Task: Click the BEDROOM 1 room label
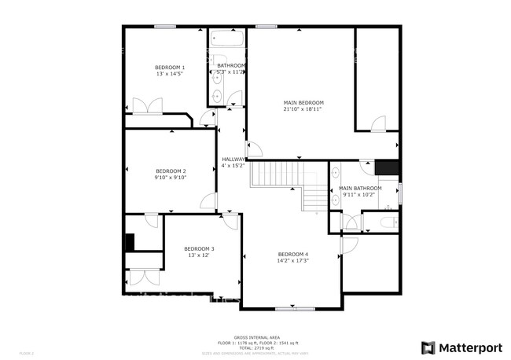click(x=170, y=68)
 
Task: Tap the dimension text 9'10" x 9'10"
click(x=171, y=178)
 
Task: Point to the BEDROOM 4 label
click(x=293, y=254)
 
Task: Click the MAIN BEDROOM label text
click(x=303, y=103)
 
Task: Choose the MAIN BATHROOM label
click(x=360, y=189)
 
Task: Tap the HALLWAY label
click(x=233, y=159)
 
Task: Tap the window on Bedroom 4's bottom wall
click(x=292, y=307)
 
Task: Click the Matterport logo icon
click(x=428, y=347)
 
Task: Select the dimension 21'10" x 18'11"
click(x=303, y=109)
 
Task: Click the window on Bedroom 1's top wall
click(x=164, y=27)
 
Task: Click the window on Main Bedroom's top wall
click(x=266, y=27)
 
